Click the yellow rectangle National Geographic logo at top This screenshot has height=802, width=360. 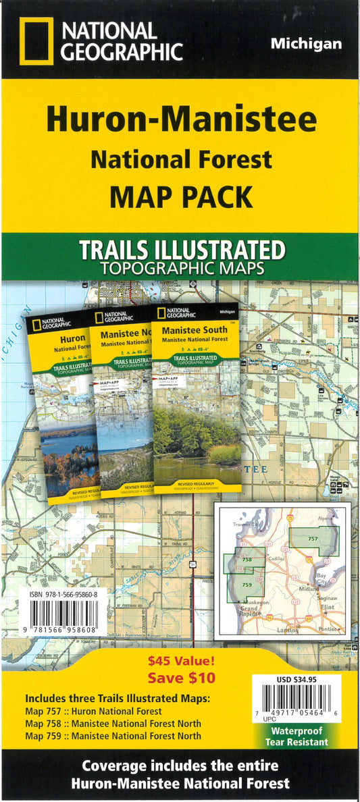click(x=35, y=41)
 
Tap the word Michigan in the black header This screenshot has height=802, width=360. click(x=306, y=44)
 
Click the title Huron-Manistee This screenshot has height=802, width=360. click(x=180, y=120)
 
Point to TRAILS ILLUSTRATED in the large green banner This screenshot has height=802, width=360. click(x=182, y=250)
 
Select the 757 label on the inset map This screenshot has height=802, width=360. click(x=313, y=538)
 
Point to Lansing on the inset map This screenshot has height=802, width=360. click(x=286, y=629)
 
